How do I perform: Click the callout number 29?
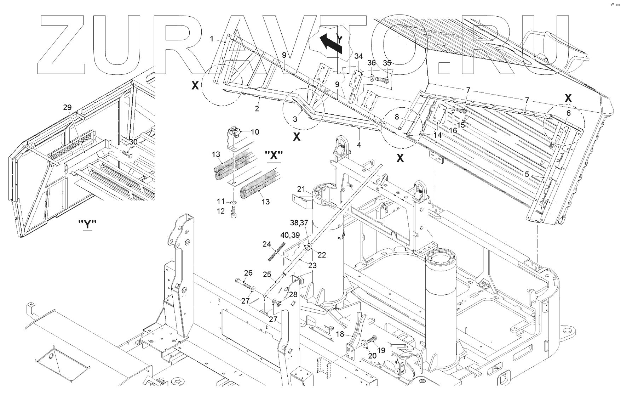point(67,107)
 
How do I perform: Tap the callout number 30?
point(133,142)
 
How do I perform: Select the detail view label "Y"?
point(87,224)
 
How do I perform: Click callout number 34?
point(359,56)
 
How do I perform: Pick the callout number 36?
point(372,63)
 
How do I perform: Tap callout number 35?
point(387,63)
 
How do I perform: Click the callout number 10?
point(255,132)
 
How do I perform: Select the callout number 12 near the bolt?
point(221,211)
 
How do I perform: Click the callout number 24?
point(267,244)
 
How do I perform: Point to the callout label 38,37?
point(299,223)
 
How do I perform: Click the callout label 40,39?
point(290,235)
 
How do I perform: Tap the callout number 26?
point(248,273)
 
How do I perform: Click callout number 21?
point(301,190)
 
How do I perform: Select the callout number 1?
point(212,39)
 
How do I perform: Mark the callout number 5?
point(527,174)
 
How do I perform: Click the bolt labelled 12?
point(233,214)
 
